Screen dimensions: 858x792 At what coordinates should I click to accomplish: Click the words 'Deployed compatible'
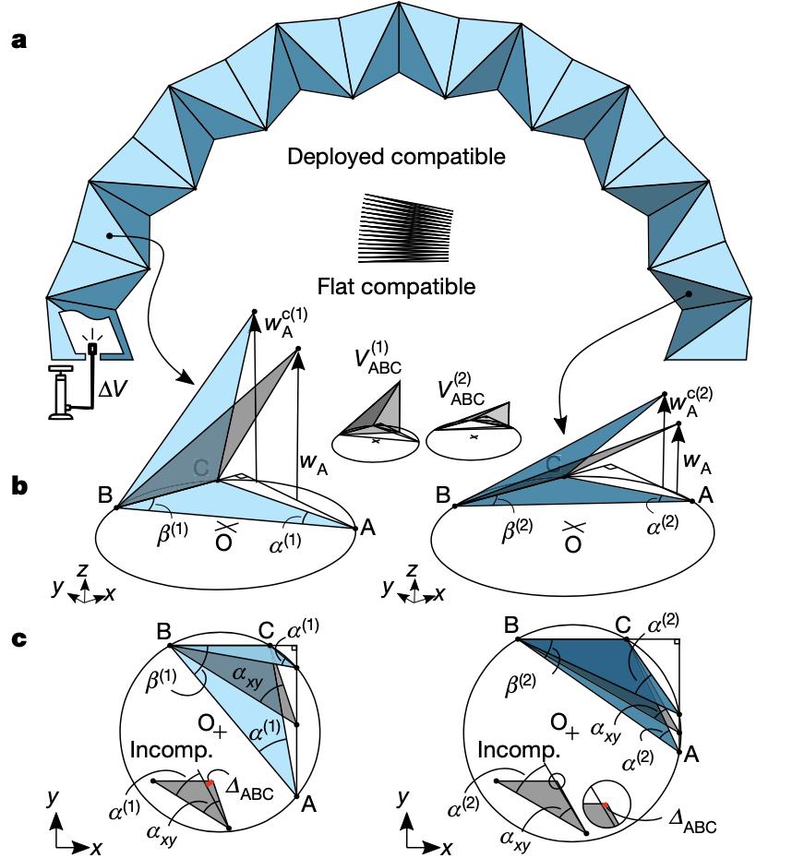pyautogui.click(x=396, y=157)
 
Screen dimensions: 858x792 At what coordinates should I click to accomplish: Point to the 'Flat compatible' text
pyautogui.click(x=396, y=287)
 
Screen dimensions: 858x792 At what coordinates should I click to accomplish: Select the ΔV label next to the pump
pyautogui.click(x=114, y=391)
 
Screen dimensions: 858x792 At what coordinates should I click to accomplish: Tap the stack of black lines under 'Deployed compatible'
pyautogui.click(x=403, y=228)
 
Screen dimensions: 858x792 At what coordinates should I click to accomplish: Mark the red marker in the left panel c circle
pyautogui.click(x=210, y=782)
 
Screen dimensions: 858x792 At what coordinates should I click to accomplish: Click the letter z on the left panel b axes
pyautogui.click(x=82, y=571)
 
